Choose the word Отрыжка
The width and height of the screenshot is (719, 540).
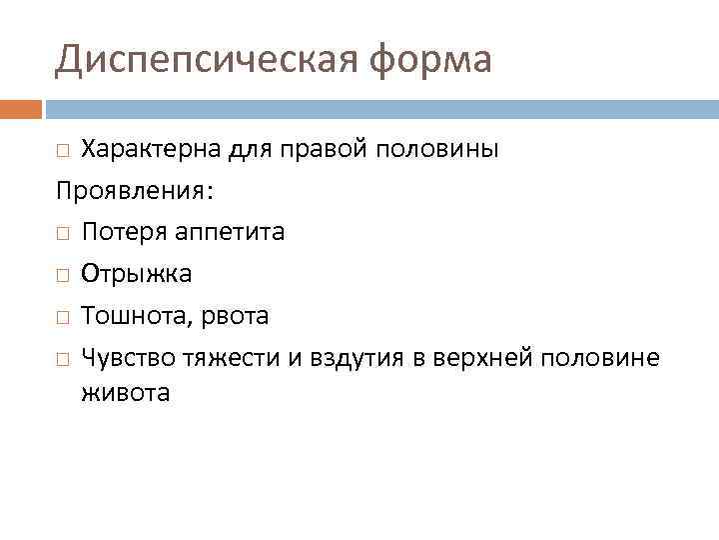(137, 273)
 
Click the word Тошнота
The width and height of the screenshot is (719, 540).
(131, 316)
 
